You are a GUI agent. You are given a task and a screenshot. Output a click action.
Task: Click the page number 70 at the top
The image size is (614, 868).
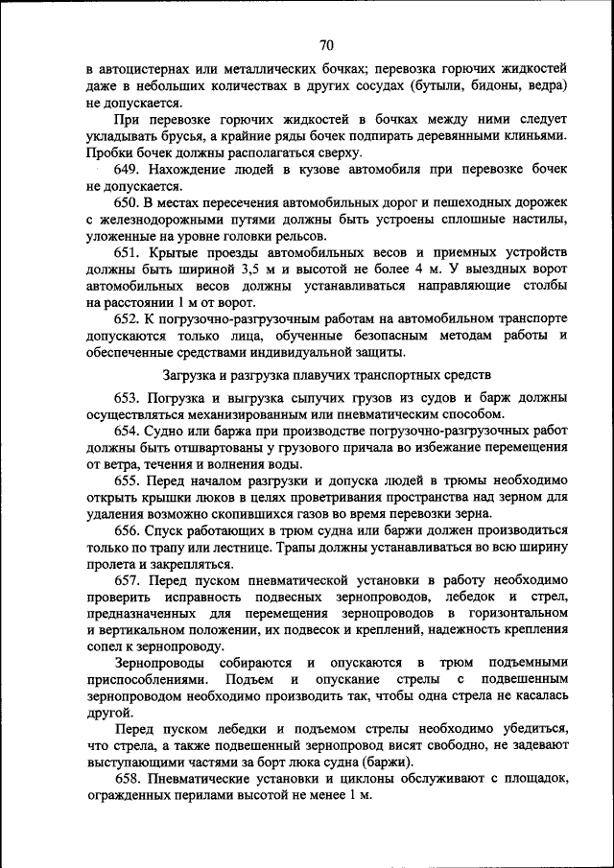pyautogui.click(x=326, y=45)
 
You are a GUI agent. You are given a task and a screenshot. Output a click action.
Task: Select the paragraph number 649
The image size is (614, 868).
pyautogui.click(x=130, y=170)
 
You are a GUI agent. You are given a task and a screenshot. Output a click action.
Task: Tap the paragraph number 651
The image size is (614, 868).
pyautogui.click(x=130, y=253)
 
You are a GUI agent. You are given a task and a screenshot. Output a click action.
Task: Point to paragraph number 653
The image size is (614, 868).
pyautogui.click(x=130, y=397)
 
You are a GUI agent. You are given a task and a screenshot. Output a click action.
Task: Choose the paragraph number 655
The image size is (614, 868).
pyautogui.click(x=130, y=481)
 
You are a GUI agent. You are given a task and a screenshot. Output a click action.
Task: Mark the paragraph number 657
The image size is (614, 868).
pyautogui.click(x=130, y=581)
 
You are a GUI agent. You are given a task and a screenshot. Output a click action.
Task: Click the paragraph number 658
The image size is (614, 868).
pyautogui.click(x=130, y=780)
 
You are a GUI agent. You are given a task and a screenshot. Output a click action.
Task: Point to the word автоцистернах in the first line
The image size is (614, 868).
pyautogui.click(x=146, y=70)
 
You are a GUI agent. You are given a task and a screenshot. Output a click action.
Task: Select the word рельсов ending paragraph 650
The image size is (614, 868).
pyautogui.click(x=300, y=236)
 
